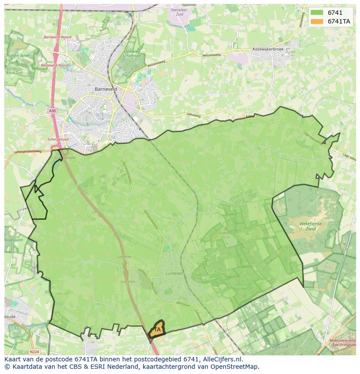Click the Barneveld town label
(x=106, y=89)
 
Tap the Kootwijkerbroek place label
(x=268, y=50)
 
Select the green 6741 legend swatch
(x=317, y=13)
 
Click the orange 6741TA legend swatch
(x=317, y=21)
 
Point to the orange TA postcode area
(x=157, y=330)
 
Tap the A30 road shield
(x=52, y=111)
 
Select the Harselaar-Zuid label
(x=179, y=12)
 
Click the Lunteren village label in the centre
(x=174, y=274)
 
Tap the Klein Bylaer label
(x=21, y=56)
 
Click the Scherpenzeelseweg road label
(x=28, y=152)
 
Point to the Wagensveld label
(x=13, y=240)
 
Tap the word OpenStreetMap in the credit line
(x=237, y=367)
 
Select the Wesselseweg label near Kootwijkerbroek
(x=211, y=55)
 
